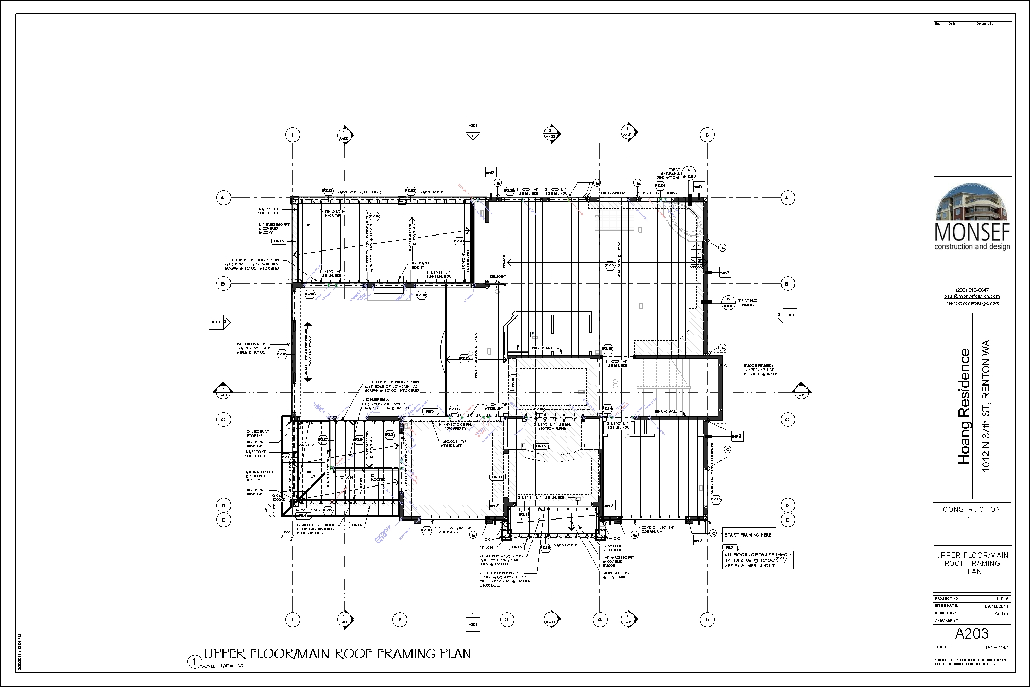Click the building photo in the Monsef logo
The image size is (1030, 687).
(x=972, y=204)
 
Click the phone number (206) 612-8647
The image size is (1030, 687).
(x=972, y=290)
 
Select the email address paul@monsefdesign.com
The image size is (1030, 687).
(x=972, y=296)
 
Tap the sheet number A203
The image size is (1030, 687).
(x=972, y=633)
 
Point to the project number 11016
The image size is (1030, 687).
(x=1002, y=599)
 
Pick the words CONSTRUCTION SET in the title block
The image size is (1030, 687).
(x=972, y=513)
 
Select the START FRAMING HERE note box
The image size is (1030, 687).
(x=748, y=535)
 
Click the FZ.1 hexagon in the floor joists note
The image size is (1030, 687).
(x=781, y=559)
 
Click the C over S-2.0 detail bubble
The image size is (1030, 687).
(x=689, y=173)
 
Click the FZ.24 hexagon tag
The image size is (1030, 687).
(x=660, y=185)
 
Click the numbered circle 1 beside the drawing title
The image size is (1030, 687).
(x=194, y=661)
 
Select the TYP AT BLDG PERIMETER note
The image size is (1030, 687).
(x=747, y=303)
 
